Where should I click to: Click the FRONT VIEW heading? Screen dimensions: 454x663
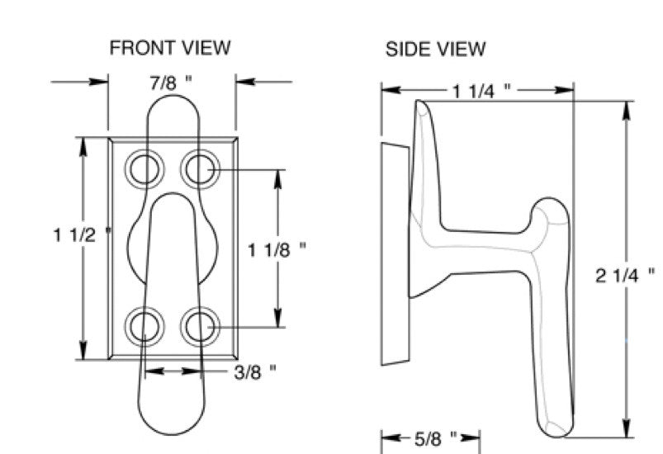click(x=170, y=49)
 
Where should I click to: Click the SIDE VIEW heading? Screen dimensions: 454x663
click(x=435, y=50)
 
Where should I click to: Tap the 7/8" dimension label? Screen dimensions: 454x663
click(x=172, y=83)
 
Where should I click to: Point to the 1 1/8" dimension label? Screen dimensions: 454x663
click(x=277, y=248)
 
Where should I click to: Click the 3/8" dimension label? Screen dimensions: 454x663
click(x=255, y=371)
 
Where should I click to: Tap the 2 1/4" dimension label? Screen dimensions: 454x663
click(x=625, y=275)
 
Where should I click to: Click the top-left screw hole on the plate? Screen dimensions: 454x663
click(x=144, y=168)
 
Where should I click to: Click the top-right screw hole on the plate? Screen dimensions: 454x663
click(x=199, y=168)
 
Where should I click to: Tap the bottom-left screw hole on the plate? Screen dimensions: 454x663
click(x=144, y=327)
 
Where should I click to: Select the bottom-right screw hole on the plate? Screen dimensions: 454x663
click(x=199, y=327)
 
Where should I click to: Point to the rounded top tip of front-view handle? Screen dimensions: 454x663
click(x=172, y=103)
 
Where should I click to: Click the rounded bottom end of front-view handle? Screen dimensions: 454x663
click(x=172, y=421)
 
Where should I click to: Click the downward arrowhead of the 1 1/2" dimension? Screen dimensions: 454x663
click(x=83, y=351)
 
